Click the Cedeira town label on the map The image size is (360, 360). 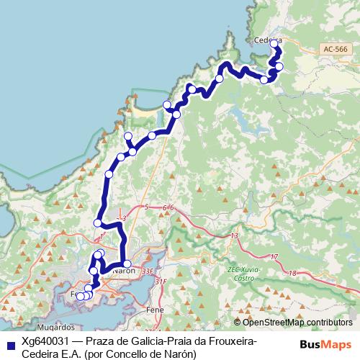point(267,40)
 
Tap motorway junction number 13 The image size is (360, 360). point(234,236)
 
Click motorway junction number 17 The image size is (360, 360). point(274,256)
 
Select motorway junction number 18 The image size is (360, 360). point(292,273)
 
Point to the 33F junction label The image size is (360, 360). point(148,271)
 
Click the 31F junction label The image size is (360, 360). point(161,281)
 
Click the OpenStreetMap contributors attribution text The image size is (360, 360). point(297,322)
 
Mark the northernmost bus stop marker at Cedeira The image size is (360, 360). point(274,44)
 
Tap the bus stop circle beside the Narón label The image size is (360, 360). point(127,264)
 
